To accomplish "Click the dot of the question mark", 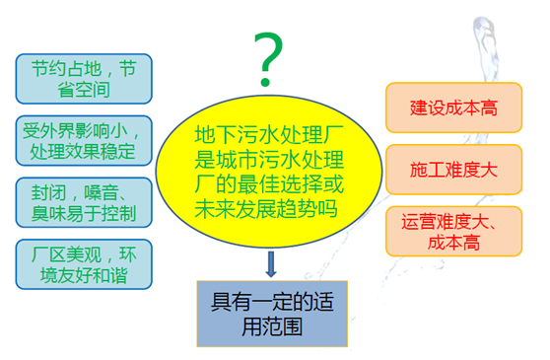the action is click(265, 82).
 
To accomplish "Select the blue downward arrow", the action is click(271, 264).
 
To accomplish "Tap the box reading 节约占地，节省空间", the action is click(84, 79).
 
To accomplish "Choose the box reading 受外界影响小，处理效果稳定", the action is click(84, 140).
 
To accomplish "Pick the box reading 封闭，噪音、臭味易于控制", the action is click(84, 202).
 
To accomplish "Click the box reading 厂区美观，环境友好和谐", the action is click(84, 264).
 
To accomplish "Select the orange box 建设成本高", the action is click(453, 108).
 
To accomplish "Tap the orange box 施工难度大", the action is click(453, 170).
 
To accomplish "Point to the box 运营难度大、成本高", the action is click(453, 231).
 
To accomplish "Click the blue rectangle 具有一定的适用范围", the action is click(272, 314).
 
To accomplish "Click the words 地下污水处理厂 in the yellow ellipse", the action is click(269, 134).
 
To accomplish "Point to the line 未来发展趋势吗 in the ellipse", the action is click(266, 209).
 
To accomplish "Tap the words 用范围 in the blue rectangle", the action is click(272, 326).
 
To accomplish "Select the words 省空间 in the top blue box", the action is click(84, 90).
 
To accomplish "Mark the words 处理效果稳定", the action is click(83, 152).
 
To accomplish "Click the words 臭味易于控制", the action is click(84, 213).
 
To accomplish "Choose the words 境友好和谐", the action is click(84, 275).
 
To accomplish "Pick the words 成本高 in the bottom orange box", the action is click(453, 242).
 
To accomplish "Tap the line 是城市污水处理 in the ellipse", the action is click(269, 160).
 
